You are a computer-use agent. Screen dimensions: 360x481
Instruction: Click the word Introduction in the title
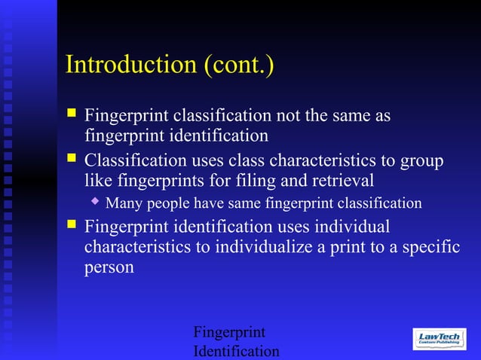[132, 64]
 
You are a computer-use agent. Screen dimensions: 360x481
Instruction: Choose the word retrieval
[342, 181]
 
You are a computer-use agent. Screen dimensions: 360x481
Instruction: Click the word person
[109, 267]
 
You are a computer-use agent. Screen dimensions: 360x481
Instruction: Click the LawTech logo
[440, 339]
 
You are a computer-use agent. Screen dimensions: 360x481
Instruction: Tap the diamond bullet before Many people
[94, 201]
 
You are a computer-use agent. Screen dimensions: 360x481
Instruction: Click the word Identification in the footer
[236, 352]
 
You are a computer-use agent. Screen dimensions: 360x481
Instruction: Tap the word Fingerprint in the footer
[229, 332]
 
